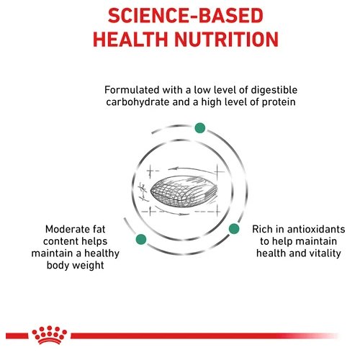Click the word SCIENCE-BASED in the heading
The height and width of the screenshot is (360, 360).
coord(186,16)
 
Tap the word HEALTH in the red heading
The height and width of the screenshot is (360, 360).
coord(130,39)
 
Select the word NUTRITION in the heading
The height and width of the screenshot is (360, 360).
coord(226,39)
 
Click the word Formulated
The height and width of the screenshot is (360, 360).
coord(132,90)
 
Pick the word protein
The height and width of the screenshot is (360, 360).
coord(279,103)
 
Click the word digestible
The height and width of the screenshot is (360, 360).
coord(274,91)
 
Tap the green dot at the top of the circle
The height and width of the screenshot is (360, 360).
coord(200,127)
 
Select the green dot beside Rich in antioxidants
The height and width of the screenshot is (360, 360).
coord(234,229)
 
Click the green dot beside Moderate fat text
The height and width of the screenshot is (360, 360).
coord(141,239)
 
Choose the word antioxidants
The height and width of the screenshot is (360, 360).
coord(316,229)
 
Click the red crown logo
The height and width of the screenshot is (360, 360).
coord(50,335)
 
